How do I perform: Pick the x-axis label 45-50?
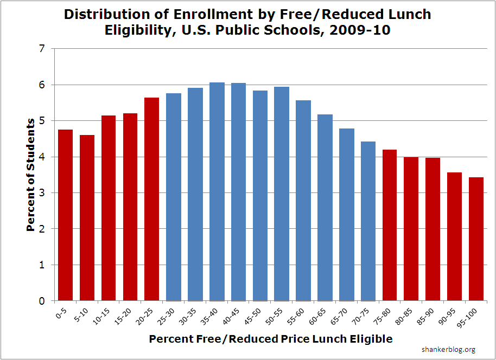pyautogui.click(x=257, y=314)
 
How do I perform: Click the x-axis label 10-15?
pyautogui.click(x=106, y=314)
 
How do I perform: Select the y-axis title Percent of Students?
pyautogui.click(x=31, y=175)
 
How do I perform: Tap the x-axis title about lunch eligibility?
pyautogui.click(x=270, y=339)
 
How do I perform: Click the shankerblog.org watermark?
pyautogui.click(x=448, y=350)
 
